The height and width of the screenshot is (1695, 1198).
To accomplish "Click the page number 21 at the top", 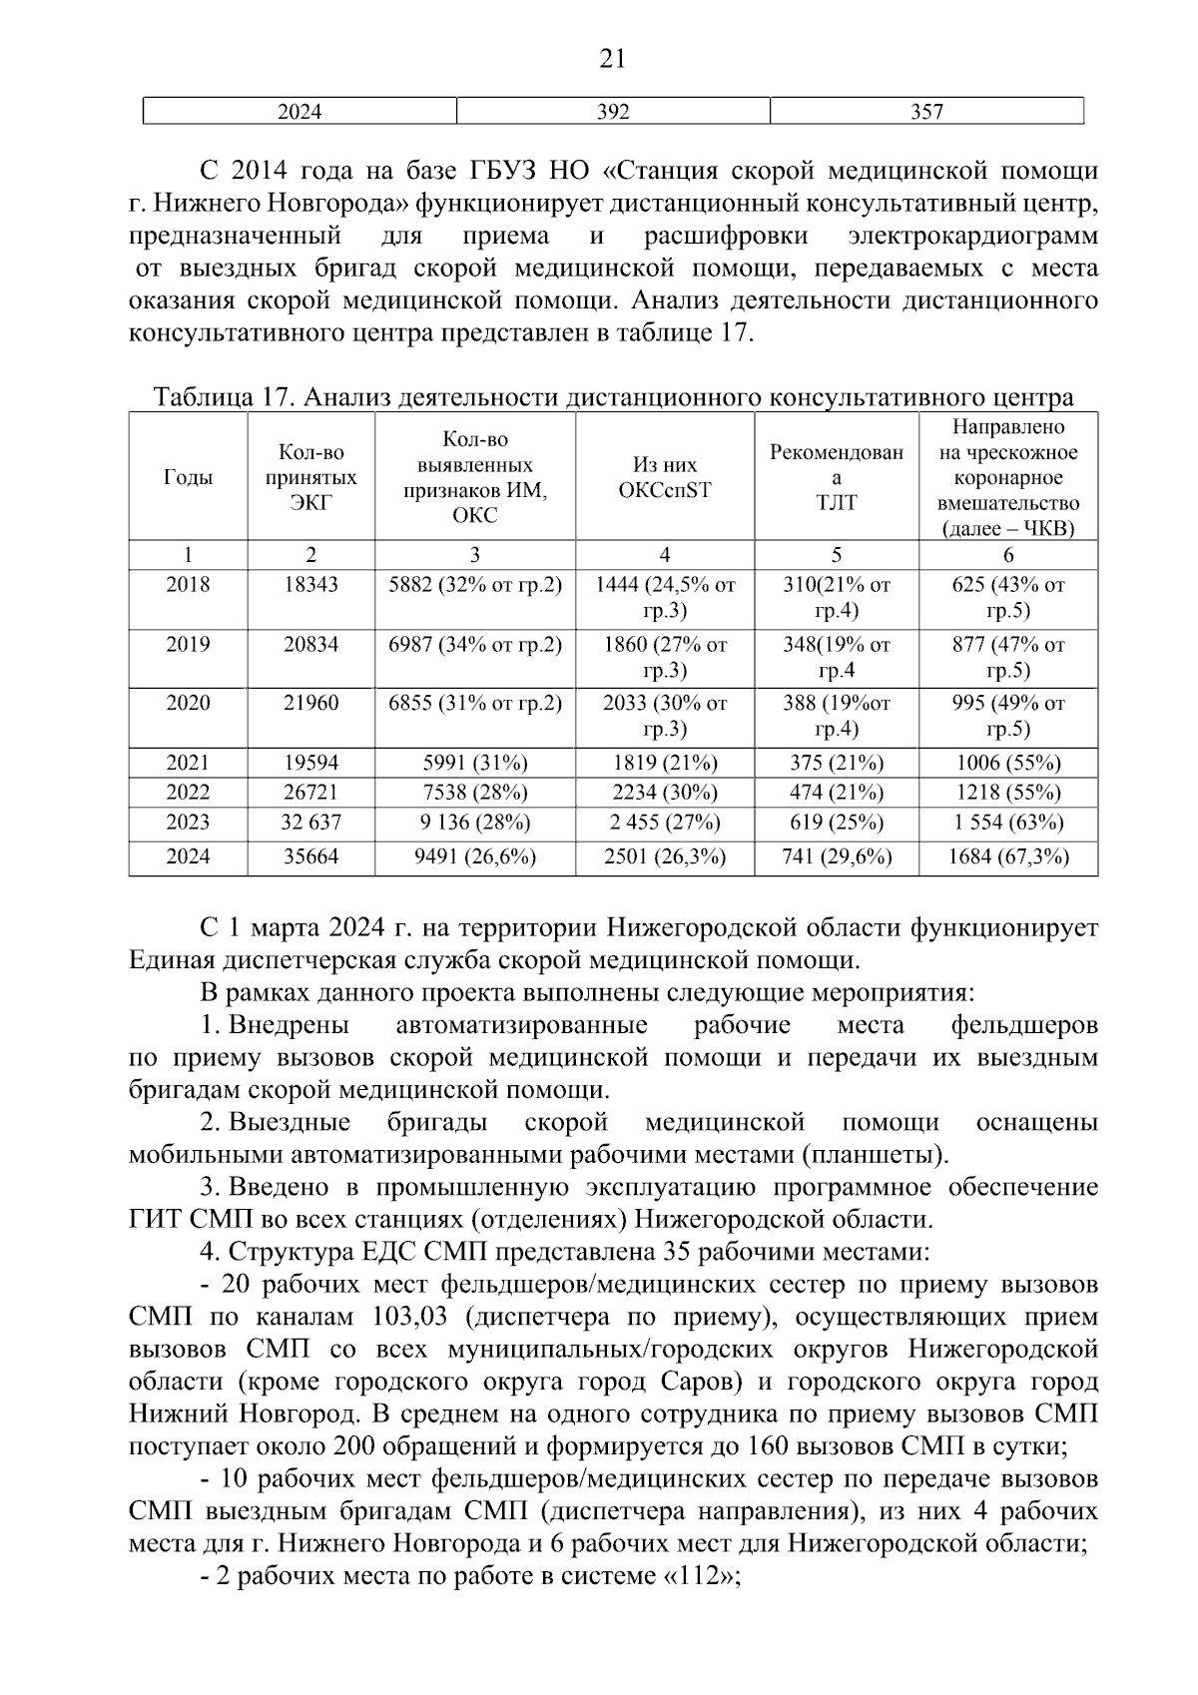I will [612, 60].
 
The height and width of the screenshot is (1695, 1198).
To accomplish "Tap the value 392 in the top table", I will [613, 112].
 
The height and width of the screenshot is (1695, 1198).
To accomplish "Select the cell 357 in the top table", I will [926, 112].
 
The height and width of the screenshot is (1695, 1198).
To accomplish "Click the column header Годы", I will [188, 478].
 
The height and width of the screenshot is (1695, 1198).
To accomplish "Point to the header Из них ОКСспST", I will [665, 477].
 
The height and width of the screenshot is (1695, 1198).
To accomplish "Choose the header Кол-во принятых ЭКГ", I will [310, 478].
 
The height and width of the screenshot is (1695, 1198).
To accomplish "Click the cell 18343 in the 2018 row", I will [310, 586].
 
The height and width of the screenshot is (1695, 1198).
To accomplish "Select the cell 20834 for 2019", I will [310, 645].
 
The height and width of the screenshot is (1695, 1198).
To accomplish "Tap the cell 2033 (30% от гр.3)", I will [665, 715].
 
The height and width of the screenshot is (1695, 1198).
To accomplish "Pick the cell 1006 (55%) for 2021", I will [1008, 764].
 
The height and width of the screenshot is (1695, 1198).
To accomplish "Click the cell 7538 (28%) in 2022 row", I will [475, 793].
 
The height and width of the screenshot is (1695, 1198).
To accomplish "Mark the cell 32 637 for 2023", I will [310, 823].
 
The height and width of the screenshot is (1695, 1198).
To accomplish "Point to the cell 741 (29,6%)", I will [837, 856].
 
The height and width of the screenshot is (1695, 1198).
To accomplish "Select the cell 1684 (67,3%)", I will [1008, 856].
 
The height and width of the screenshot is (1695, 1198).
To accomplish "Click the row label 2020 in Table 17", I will [188, 704].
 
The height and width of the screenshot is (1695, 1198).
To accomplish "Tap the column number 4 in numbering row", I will [665, 556].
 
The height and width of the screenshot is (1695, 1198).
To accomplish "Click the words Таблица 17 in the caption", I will [221, 398].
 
